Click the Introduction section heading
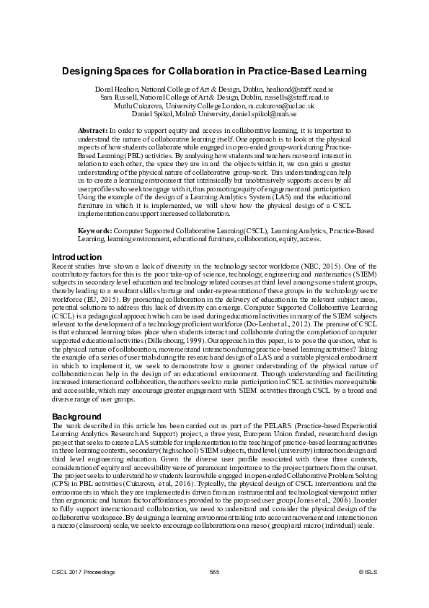click(x=77, y=257)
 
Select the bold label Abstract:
click(x=92, y=129)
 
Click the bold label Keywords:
click(x=94, y=230)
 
